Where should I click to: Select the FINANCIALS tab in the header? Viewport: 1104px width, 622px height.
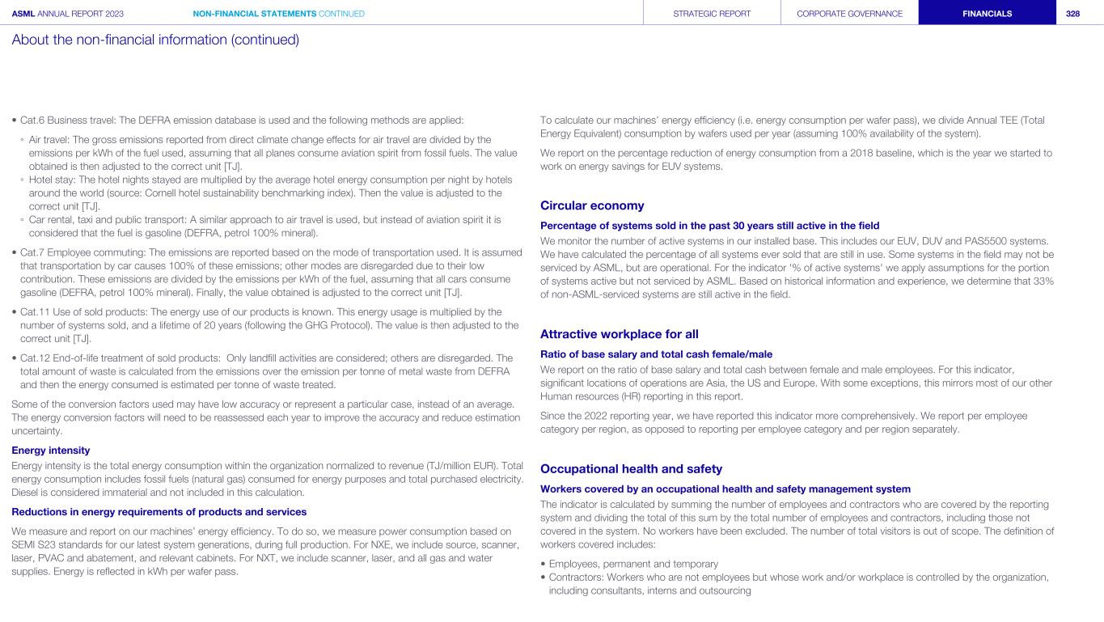click(x=986, y=14)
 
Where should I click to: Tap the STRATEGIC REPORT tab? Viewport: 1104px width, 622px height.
click(x=712, y=14)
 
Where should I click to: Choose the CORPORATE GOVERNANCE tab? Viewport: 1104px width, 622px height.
click(x=849, y=14)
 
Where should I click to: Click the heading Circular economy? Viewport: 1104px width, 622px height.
click(x=591, y=205)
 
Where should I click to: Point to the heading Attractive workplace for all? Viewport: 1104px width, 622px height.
click(x=619, y=334)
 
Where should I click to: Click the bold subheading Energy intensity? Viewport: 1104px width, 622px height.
click(x=50, y=450)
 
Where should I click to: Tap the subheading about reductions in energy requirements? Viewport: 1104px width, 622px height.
click(x=159, y=511)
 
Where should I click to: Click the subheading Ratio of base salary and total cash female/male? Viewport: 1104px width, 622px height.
click(x=656, y=353)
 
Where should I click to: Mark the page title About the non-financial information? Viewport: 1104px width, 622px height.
click(x=155, y=40)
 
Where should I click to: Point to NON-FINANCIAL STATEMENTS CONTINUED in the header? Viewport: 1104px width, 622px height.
click(x=279, y=14)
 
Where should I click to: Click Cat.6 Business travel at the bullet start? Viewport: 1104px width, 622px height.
click(x=67, y=121)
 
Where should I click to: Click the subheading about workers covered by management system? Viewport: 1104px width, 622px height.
click(x=725, y=489)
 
